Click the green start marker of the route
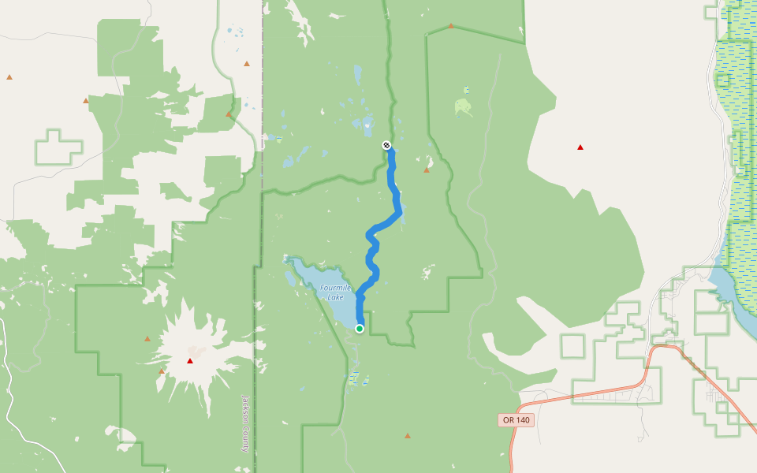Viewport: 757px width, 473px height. tap(360, 329)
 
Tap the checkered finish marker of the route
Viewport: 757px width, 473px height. tap(386, 145)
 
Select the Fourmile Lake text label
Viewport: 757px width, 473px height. tap(335, 292)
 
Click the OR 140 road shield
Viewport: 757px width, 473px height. tap(516, 420)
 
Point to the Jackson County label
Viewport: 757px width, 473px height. tap(245, 423)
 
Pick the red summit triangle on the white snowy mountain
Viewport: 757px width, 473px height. tap(189, 361)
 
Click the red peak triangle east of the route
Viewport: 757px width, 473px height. tap(580, 147)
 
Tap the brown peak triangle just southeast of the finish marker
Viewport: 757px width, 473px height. tap(427, 169)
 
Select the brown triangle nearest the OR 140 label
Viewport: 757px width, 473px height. tap(408, 436)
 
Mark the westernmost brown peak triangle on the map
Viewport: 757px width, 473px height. tap(9, 77)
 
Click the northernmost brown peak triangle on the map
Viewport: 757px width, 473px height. tap(451, 26)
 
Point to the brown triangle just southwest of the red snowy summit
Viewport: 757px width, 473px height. tap(162, 371)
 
